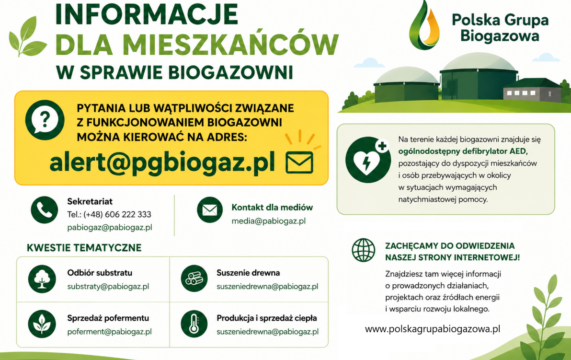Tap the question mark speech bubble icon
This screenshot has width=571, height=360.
click(45, 120)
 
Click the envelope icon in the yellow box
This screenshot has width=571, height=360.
click(299, 163)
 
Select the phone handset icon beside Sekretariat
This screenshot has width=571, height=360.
click(45, 210)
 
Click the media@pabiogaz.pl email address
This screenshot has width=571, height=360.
click(268, 221)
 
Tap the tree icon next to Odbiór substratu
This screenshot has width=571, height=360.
click(42, 279)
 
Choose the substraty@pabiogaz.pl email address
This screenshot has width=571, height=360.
click(108, 286)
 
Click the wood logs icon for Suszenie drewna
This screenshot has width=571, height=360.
click(194, 279)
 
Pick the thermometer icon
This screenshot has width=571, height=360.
click(194, 324)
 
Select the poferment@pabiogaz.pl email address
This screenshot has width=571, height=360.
click(109, 332)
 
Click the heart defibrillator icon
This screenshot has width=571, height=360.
click(367, 160)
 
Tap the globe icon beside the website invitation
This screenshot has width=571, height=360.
click(364, 250)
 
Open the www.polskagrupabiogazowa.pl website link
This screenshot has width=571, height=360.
click(433, 329)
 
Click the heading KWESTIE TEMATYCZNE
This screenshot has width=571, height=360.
click(84, 248)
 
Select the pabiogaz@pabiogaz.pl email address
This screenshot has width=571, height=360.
click(110, 227)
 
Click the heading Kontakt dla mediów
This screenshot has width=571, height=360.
click(272, 208)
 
